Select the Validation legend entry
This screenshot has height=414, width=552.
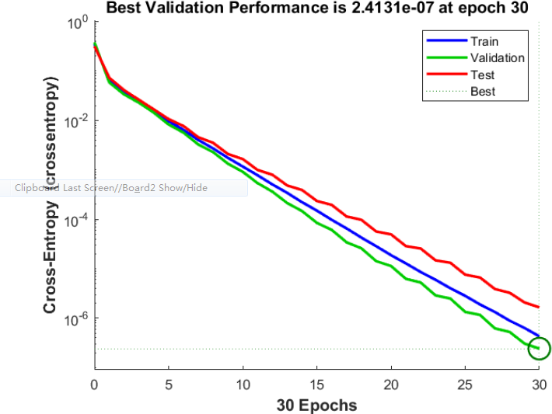tap(497, 58)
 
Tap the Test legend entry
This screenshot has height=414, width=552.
tap(482, 75)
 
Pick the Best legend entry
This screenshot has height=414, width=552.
tap(482, 92)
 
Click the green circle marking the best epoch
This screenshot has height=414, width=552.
tap(538, 349)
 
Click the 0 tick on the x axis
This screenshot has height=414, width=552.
tap(94, 384)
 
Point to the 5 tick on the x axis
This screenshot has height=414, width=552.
tap(168, 384)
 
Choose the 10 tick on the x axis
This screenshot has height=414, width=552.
tap(242, 384)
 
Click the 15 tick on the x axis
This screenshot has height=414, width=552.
tap(316, 384)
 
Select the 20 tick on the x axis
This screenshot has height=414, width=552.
tap(390, 384)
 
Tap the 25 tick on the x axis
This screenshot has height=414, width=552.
tap(464, 384)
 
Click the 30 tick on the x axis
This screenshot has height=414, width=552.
tap(538, 384)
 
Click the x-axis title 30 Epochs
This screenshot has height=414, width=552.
tap(316, 405)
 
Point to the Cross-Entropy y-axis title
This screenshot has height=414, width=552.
tap(51, 194)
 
